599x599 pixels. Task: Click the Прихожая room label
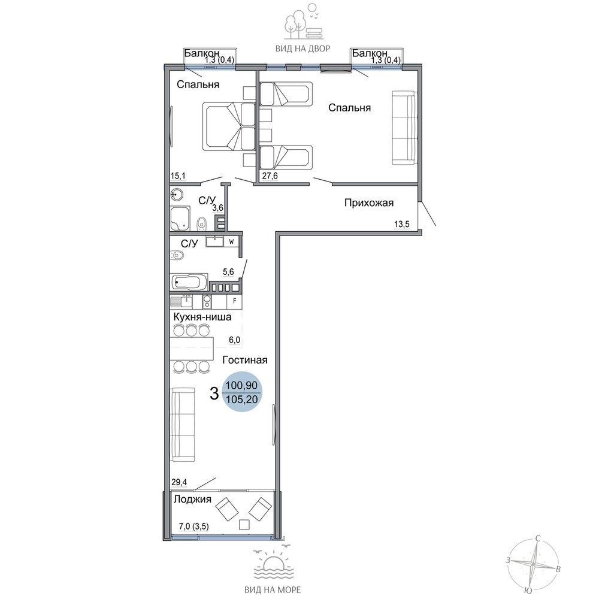368,203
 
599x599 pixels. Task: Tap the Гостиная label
245,360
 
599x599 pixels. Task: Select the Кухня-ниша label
202,317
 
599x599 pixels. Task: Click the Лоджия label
192,499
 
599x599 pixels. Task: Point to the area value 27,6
270,176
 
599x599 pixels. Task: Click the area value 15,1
178,176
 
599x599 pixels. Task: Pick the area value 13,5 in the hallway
402,224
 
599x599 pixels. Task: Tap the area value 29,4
179,482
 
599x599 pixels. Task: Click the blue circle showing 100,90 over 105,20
242,392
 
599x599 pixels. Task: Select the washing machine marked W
231,242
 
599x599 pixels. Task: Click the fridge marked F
235,301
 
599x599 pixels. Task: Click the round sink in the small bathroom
177,195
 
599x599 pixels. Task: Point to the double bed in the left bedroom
229,126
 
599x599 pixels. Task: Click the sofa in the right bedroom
404,128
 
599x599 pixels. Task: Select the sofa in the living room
183,425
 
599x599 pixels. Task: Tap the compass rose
533,564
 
